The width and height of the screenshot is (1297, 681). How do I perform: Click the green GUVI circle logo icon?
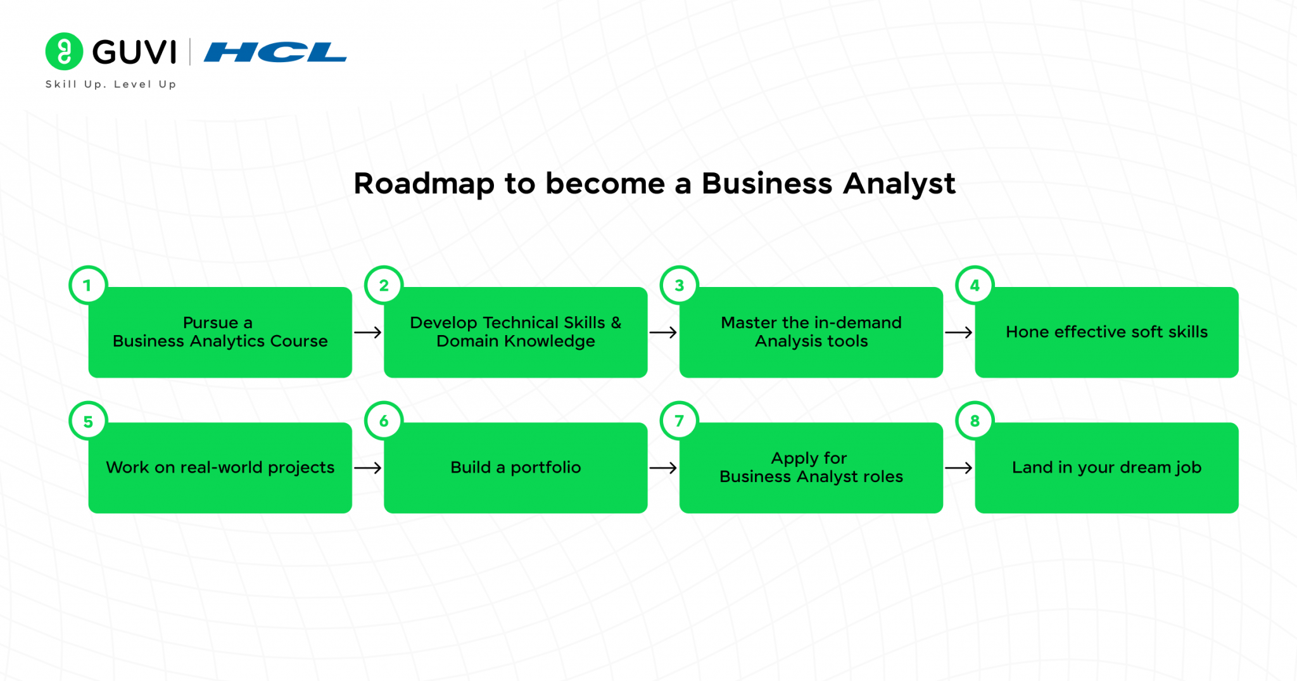coord(64,51)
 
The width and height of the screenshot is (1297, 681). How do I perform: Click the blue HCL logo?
coord(275,52)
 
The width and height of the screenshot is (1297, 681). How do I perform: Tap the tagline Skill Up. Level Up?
coord(111,84)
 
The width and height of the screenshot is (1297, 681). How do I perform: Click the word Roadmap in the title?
coord(424,184)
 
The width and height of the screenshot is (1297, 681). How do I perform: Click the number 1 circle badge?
coord(88,285)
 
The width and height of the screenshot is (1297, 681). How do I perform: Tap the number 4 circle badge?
coord(975,285)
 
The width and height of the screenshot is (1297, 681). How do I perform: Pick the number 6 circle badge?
coord(384,421)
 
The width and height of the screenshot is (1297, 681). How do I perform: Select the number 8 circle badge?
coord(975,421)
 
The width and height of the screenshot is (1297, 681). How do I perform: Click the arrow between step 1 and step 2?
coord(368,333)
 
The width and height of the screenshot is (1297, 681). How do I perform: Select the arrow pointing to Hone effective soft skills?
coord(959,333)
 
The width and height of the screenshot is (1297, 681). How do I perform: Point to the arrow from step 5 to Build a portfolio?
coord(368,468)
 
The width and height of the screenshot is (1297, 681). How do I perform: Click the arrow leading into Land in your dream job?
coord(959,468)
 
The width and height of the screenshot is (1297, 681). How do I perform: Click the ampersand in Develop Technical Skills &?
coord(616,322)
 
